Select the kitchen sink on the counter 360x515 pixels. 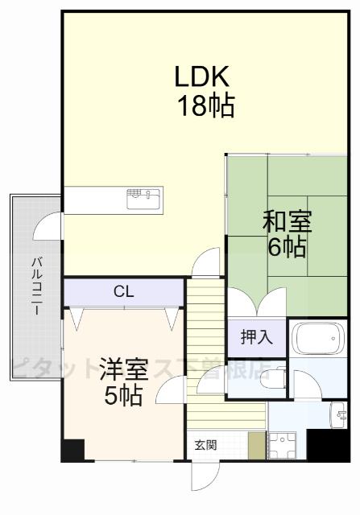[x=143, y=197]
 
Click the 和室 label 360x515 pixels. [x=287, y=221]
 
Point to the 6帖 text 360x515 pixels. [x=287, y=246]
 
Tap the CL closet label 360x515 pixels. [x=123, y=291]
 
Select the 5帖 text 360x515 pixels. [x=123, y=395]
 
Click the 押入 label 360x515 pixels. [x=256, y=337]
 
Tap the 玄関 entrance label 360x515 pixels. [x=205, y=444]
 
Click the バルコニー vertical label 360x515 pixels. [x=37, y=286]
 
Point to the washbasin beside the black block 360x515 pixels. [x=337, y=414]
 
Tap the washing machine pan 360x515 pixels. [x=283, y=443]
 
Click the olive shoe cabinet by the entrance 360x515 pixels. [x=256, y=445]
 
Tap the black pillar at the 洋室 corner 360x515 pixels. [x=72, y=450]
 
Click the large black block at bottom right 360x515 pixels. [x=329, y=446]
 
